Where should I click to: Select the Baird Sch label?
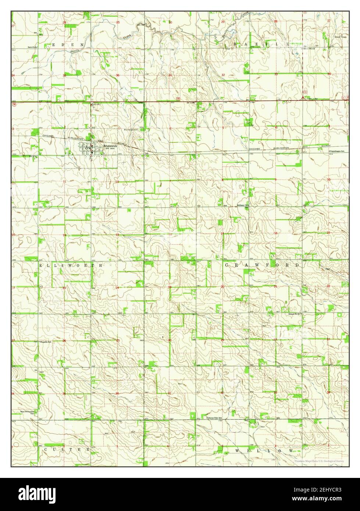click(33, 47)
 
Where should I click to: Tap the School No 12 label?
click(295, 314)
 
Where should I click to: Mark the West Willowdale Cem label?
click(28, 412)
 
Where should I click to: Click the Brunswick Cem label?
click(131, 129)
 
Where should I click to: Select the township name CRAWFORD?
click(262, 265)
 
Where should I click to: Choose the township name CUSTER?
click(67, 449)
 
